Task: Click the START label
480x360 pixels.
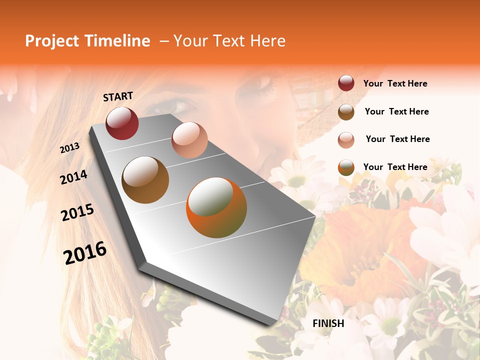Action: [x=118, y=96]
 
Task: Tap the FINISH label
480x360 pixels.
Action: [x=328, y=323]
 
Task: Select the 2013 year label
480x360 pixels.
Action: [x=69, y=148]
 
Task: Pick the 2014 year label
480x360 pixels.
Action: [x=73, y=177]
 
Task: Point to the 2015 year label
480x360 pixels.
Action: [x=77, y=212]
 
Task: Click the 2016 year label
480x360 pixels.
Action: [x=85, y=253]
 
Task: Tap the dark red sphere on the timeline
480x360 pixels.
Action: [x=122, y=123]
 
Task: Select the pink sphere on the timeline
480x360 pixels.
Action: [x=189, y=139]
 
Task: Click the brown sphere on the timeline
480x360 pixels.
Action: [x=145, y=180]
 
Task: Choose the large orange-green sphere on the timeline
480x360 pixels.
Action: [x=216, y=207]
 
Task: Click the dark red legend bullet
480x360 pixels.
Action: [x=346, y=83]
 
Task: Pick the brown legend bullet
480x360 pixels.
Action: [x=346, y=112]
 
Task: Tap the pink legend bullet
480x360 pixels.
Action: [x=346, y=139]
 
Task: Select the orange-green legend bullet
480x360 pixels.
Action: [x=346, y=167]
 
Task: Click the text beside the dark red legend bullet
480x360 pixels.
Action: [x=395, y=83]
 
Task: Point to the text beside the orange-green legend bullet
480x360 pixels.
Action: [x=395, y=167]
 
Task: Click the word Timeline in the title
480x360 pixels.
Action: [x=117, y=41]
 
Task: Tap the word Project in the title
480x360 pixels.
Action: [x=52, y=41]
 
